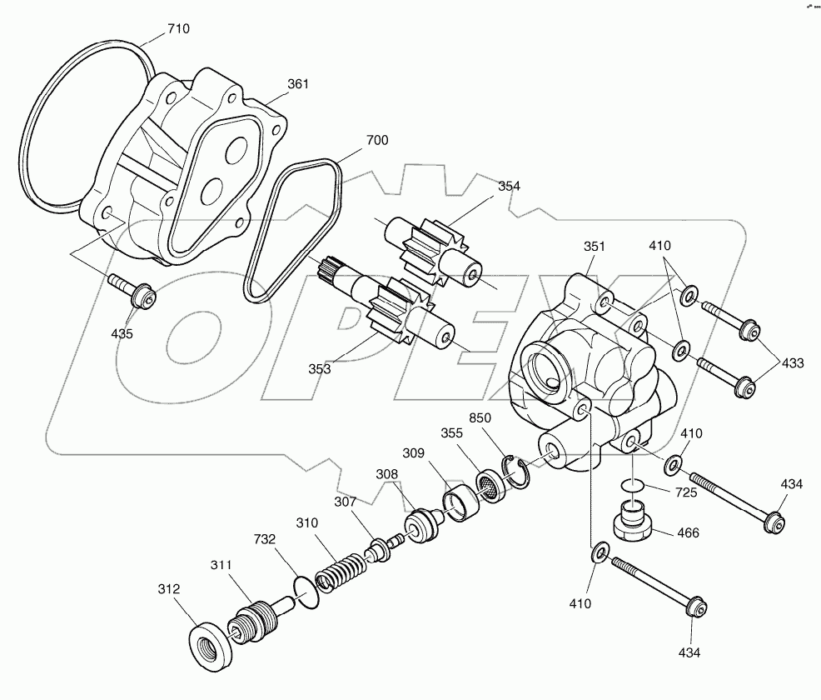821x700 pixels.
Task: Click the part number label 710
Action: [178, 28]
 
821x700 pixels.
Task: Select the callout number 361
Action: [298, 84]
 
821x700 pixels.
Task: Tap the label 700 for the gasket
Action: [376, 141]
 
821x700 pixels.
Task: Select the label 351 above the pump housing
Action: [595, 247]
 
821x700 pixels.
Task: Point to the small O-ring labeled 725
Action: [634, 485]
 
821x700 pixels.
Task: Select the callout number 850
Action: [480, 417]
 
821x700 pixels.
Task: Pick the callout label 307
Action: [345, 502]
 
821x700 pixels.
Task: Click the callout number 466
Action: [688, 532]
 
